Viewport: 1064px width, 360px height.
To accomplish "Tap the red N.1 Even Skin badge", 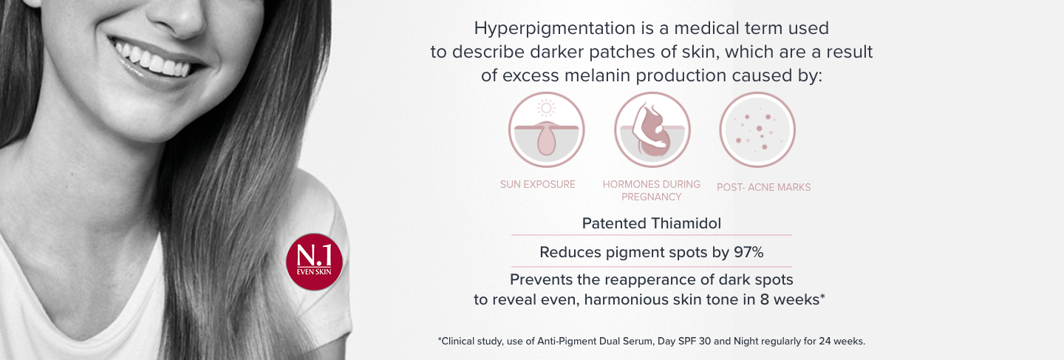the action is pyautogui.click(x=315, y=262).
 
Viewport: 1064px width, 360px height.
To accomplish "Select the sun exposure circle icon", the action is pyautogui.click(x=546, y=129).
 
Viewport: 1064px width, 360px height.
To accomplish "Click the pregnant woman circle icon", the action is pyautogui.click(x=652, y=129).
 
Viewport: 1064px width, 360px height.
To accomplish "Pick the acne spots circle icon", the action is pyautogui.click(x=757, y=129).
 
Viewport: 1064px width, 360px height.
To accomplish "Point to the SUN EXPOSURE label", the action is pyautogui.click(x=538, y=184).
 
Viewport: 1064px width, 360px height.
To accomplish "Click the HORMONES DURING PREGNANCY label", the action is pyautogui.click(x=652, y=191).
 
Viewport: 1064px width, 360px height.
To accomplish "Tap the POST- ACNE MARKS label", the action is pyautogui.click(x=764, y=187).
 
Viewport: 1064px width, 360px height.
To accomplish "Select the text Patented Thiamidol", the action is pyautogui.click(x=652, y=223).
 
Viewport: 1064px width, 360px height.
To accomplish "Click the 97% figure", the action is pyautogui.click(x=748, y=252).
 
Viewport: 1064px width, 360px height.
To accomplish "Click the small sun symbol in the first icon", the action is pyautogui.click(x=546, y=108).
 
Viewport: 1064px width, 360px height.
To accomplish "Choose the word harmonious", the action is pyautogui.click(x=634, y=299).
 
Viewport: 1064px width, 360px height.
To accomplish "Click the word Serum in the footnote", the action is pyautogui.click(x=640, y=341).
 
